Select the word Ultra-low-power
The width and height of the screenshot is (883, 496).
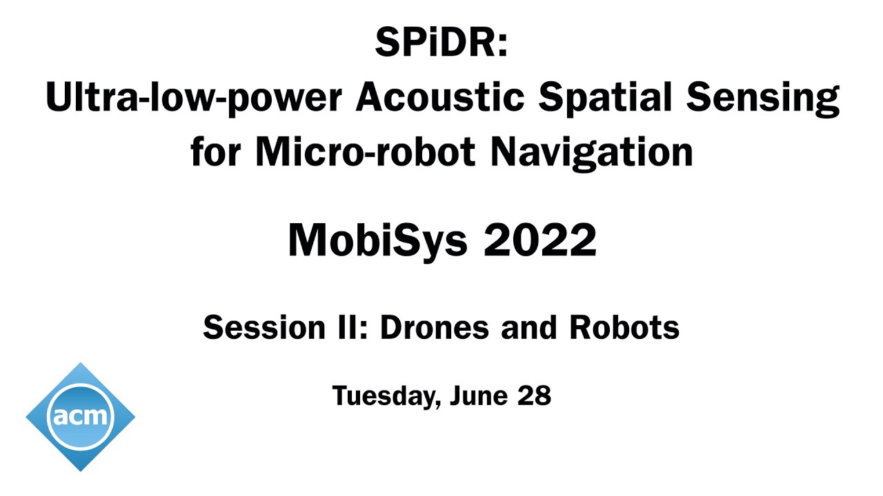coord(194,98)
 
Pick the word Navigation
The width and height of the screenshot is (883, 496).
coord(592,153)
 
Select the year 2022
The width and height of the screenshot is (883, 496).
coord(539,240)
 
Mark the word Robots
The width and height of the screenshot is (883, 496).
coord(624,328)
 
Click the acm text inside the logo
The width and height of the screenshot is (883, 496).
coord(80,416)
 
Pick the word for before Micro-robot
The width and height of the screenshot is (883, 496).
coord(218,153)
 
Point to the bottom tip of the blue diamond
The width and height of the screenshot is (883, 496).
coord(81,470)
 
